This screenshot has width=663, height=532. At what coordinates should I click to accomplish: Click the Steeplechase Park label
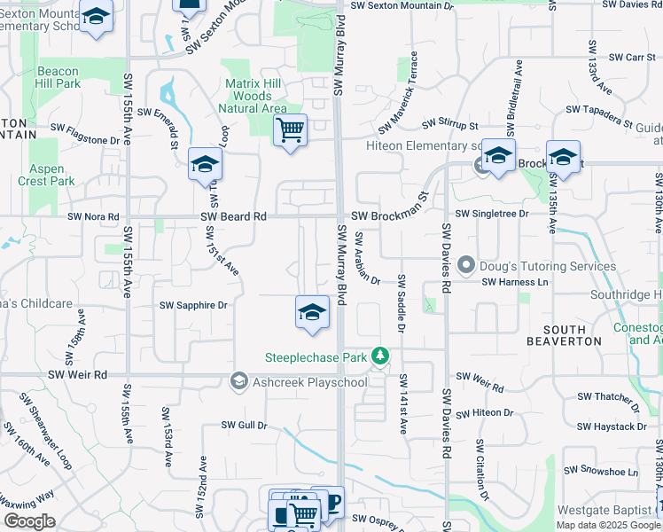point(317,358)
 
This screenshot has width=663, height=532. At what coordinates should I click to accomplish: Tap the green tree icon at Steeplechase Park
point(380,356)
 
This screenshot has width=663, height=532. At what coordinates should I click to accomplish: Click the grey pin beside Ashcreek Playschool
point(238,381)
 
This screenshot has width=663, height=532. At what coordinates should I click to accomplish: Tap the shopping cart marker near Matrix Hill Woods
point(290,131)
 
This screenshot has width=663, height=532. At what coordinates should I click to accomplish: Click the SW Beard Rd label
point(233,215)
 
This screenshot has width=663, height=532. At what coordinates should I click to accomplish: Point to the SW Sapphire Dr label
point(193,305)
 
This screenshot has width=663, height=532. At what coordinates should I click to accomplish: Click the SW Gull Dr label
point(245,425)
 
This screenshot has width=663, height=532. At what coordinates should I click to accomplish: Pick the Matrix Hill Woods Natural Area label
point(255,96)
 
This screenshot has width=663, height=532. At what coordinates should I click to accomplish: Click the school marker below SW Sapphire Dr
point(311,313)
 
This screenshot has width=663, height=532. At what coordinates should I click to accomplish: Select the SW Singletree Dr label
point(492,214)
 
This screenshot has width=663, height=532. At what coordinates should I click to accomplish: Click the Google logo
point(29,521)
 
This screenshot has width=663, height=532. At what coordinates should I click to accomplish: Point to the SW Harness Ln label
point(517,282)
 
